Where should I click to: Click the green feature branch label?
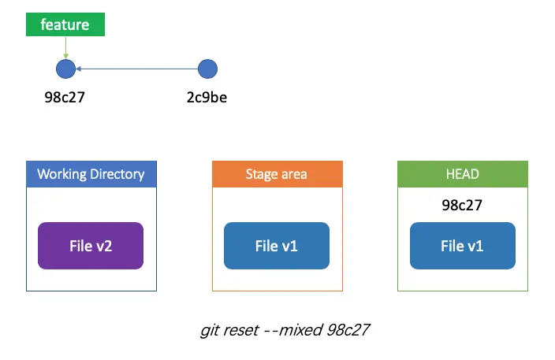tap(65, 24)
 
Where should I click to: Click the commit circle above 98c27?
tap(66, 69)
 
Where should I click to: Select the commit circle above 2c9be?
tap(207, 69)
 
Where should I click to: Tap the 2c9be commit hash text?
tap(207, 97)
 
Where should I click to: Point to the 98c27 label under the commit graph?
tap(65, 97)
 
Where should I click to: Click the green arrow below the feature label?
tap(65, 47)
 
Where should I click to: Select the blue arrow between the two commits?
tap(136, 69)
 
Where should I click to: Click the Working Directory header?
tap(91, 174)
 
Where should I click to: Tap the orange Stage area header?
tap(277, 174)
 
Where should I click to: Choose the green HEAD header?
tap(463, 174)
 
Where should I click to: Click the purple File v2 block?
tap(91, 246)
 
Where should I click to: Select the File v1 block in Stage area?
tap(277, 246)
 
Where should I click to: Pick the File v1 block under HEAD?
tap(463, 246)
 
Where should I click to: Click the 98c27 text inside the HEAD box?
tap(462, 205)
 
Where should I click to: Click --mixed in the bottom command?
tap(294, 330)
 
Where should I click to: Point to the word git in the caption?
tap(209, 331)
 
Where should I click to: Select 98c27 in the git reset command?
tap(348, 330)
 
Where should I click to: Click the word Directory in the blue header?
tap(117, 174)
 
